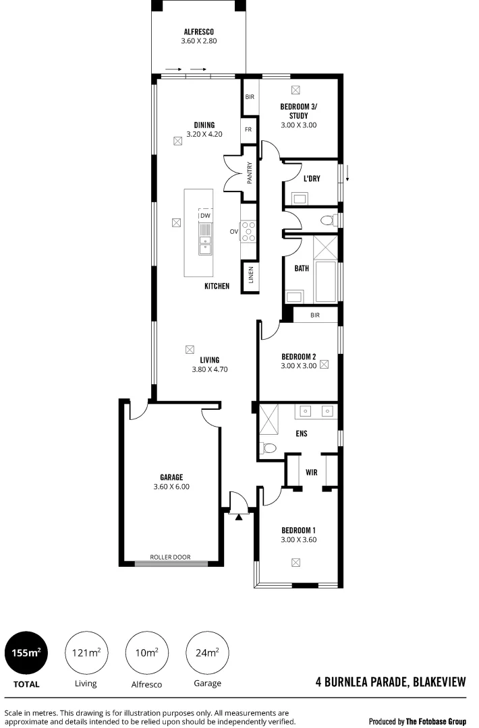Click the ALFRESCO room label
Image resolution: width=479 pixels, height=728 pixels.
tap(198, 32)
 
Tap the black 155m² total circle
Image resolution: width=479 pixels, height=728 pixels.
tap(27, 653)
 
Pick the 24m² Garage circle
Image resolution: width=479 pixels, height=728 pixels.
tap(207, 653)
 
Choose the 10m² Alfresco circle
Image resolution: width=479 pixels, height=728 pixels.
tap(146, 653)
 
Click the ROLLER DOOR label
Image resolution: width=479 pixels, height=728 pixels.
tap(170, 557)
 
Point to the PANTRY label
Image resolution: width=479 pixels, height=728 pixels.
tap(250, 174)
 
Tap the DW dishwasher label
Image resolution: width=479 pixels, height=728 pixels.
tap(206, 216)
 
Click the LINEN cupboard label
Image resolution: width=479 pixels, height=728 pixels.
tap(250, 275)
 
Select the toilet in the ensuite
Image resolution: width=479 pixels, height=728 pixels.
tap(268, 448)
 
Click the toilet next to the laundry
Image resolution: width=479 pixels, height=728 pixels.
tap(327, 220)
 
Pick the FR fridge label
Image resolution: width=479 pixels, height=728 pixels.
tap(248, 129)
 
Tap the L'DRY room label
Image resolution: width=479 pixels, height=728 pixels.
tap(311, 179)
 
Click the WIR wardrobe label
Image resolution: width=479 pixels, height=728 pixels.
tap(311, 473)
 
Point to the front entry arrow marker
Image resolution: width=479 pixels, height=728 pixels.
tap(239, 517)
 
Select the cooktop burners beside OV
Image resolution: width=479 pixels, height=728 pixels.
tap(250, 231)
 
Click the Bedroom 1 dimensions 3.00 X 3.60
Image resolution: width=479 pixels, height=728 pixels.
tap(299, 539)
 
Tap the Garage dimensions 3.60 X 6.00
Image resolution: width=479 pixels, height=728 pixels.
tap(171, 486)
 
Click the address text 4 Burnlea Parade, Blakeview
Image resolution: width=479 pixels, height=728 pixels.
tap(391, 682)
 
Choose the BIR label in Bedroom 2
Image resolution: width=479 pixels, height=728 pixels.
tap(314, 315)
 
